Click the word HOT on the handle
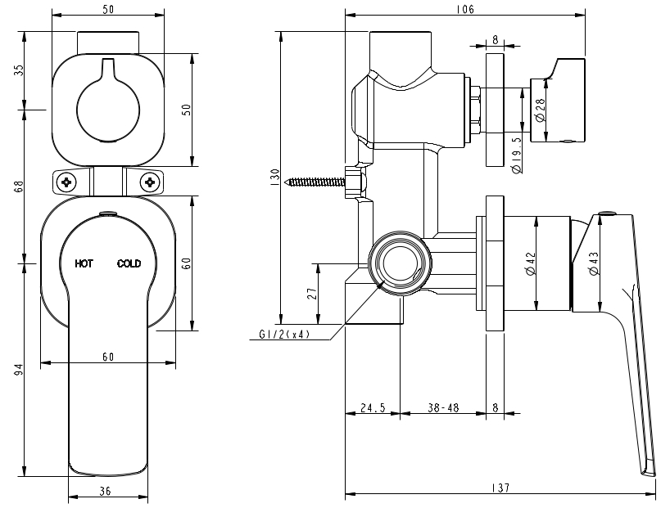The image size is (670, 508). pyautogui.click(x=84, y=263)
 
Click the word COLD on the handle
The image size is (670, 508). pyautogui.click(x=129, y=263)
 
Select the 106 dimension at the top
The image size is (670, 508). pyautogui.click(x=465, y=9)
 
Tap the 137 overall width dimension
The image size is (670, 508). pyautogui.click(x=501, y=488)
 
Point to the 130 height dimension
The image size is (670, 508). pyautogui.click(x=276, y=176)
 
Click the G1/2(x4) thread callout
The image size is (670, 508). pyautogui.click(x=283, y=335)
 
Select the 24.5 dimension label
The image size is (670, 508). pyautogui.click(x=373, y=407)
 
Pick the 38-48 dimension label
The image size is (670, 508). pyautogui.click(x=442, y=407)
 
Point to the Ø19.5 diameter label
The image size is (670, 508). pyautogui.click(x=517, y=155)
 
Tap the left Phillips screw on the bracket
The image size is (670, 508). pyautogui.click(x=67, y=182)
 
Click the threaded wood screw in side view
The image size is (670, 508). pyautogui.click(x=315, y=181)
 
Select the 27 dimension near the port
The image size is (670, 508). pyautogui.click(x=312, y=293)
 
